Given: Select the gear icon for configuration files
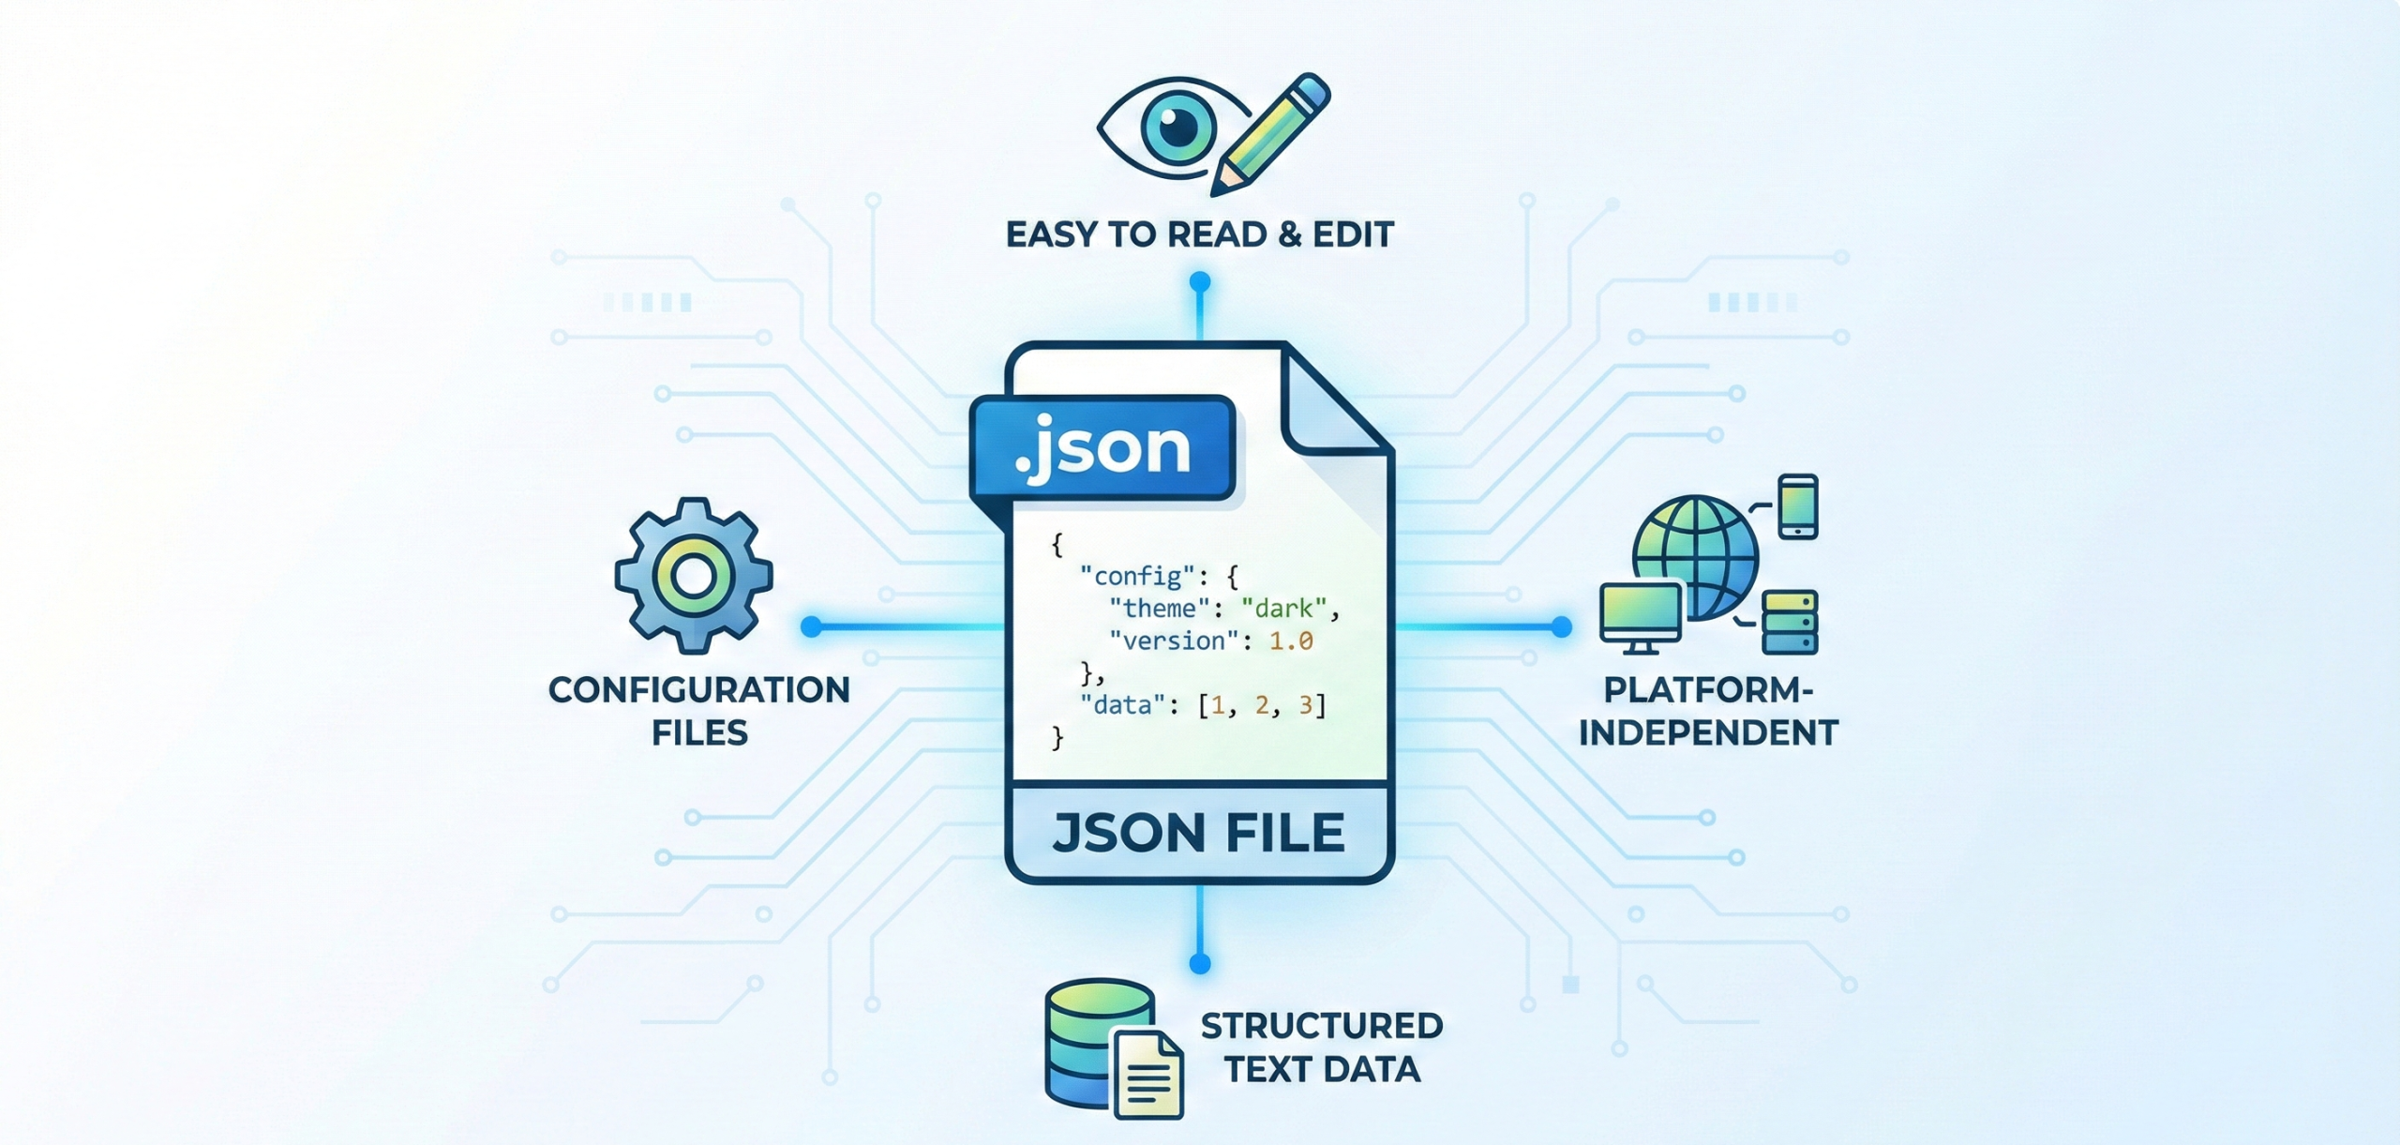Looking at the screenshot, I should (694, 575).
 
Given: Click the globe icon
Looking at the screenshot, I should (1696, 556).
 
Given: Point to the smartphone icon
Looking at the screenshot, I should (1797, 506).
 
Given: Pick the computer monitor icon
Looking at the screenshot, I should (1641, 614).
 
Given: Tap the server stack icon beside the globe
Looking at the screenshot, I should (1790, 622).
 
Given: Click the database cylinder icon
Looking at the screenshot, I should (1099, 1042).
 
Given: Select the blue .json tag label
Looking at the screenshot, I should (1102, 447).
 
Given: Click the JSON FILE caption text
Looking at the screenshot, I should (1199, 833).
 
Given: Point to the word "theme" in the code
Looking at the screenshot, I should (1159, 609).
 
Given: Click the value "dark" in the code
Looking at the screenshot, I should (1283, 609).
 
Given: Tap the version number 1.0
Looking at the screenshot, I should (1291, 641).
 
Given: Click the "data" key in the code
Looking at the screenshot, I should (1122, 704).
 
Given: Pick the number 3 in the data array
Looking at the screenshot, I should (1305, 704).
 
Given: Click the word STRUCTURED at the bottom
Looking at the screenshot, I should (1322, 1026).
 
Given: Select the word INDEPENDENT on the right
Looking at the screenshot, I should (1708, 732).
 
